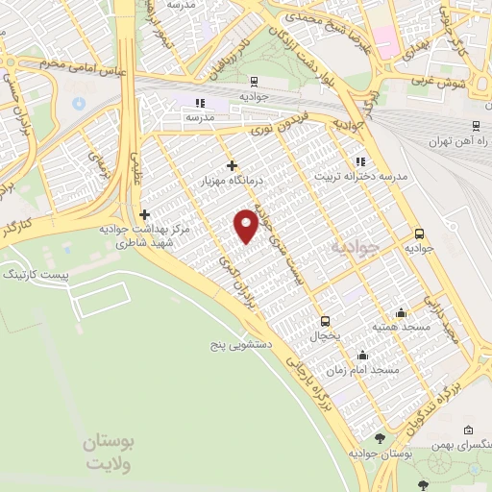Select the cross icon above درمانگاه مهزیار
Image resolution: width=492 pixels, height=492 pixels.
[231, 165]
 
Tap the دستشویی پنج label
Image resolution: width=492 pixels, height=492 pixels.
[245, 343]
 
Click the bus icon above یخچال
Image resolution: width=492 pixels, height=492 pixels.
[325, 321]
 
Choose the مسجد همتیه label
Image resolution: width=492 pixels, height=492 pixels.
[401, 328]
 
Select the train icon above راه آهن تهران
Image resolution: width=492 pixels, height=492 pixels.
[477, 126]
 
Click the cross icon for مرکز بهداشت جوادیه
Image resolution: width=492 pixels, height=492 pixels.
[144, 215]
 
